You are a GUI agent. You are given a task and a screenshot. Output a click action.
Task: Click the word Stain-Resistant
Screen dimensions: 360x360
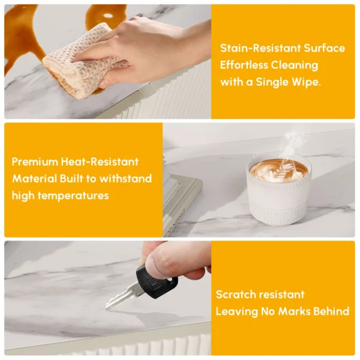[x=260, y=48]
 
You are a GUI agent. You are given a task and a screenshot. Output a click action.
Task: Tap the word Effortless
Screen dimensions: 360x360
[x=244, y=65]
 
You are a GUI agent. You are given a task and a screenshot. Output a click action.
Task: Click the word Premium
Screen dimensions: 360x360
[x=35, y=162]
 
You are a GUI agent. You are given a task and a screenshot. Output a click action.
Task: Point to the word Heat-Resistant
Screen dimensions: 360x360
[x=100, y=162]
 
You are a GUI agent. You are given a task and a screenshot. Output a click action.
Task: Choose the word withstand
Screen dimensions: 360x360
[x=125, y=179]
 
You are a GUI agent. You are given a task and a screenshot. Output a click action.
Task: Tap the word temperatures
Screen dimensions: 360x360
[x=73, y=196]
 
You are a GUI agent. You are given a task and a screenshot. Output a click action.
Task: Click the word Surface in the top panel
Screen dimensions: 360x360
[x=324, y=48]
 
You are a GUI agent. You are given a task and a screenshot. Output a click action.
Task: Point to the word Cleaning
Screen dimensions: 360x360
[x=294, y=65]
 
